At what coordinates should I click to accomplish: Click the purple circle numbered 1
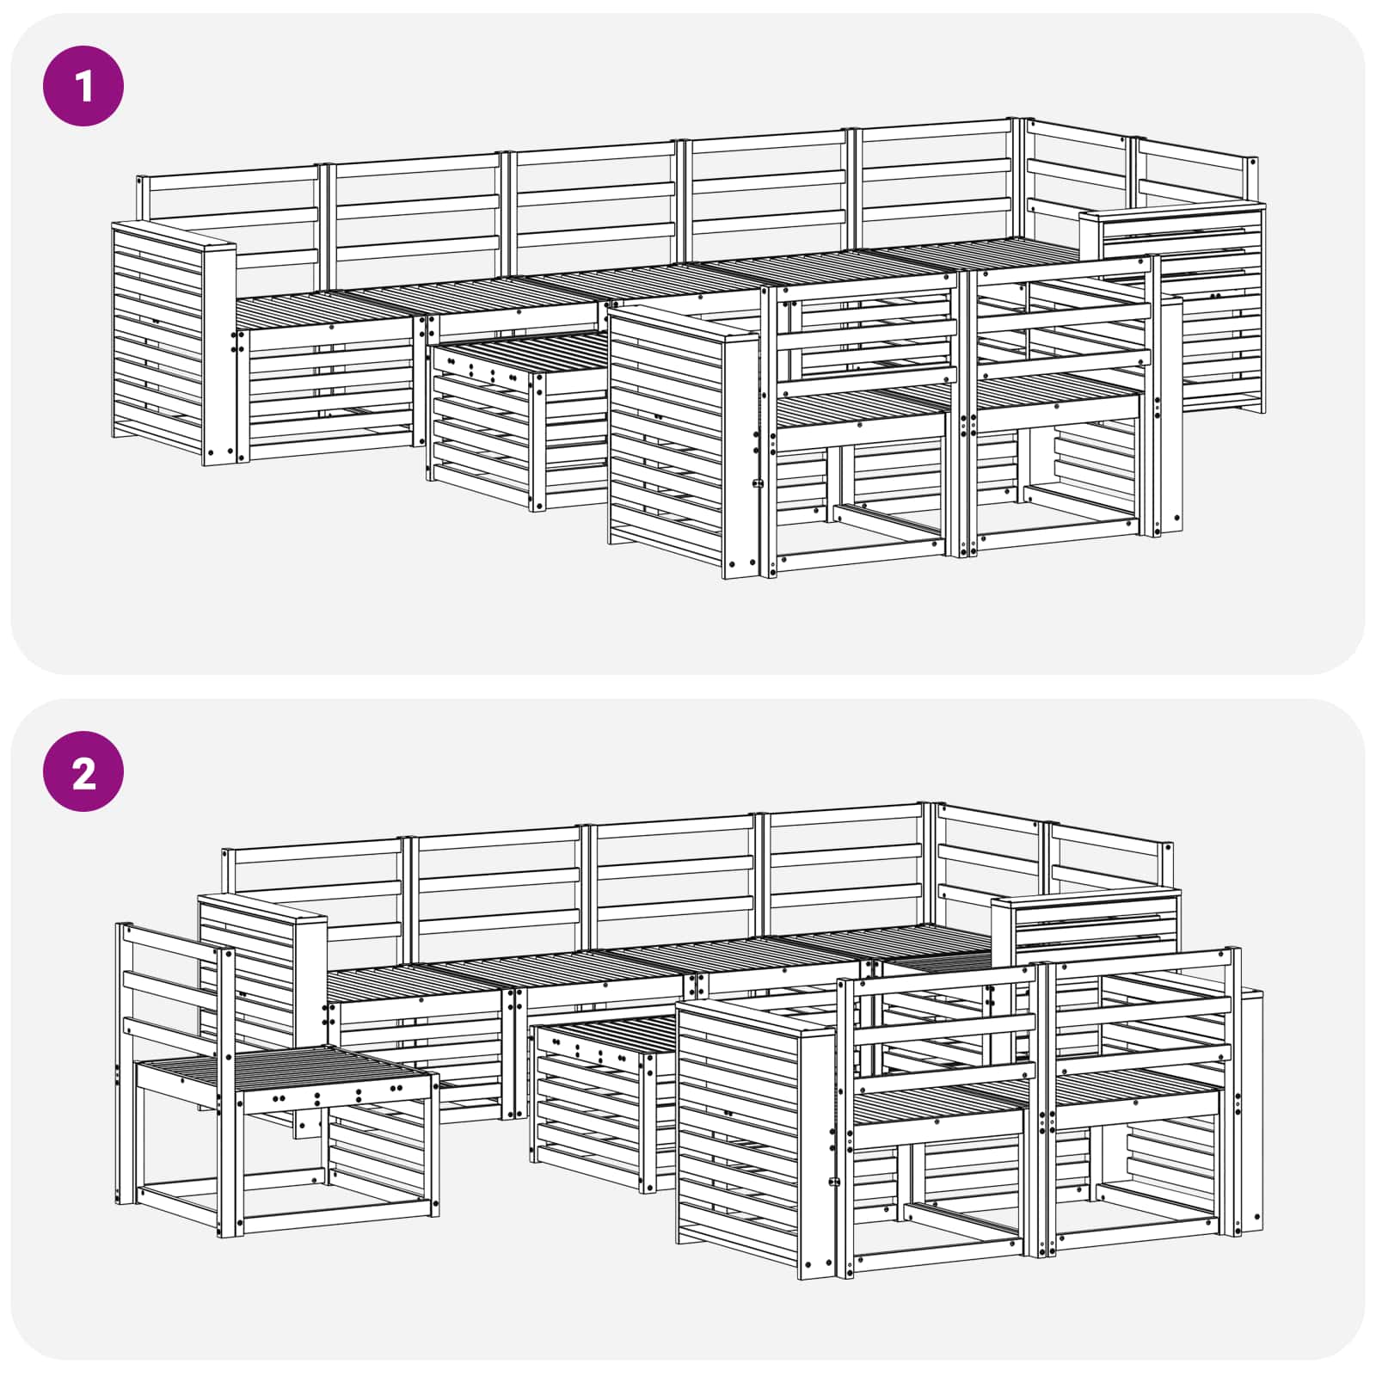(x=83, y=86)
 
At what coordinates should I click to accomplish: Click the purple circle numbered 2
(x=83, y=771)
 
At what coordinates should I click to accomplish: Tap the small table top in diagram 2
(x=602, y=1032)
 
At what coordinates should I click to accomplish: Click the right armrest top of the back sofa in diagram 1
(x=1174, y=211)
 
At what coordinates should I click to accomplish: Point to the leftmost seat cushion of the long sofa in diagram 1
(x=327, y=305)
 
